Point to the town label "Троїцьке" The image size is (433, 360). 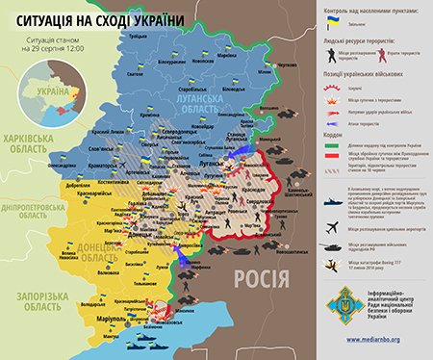pyautogui.click(x=138, y=36)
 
